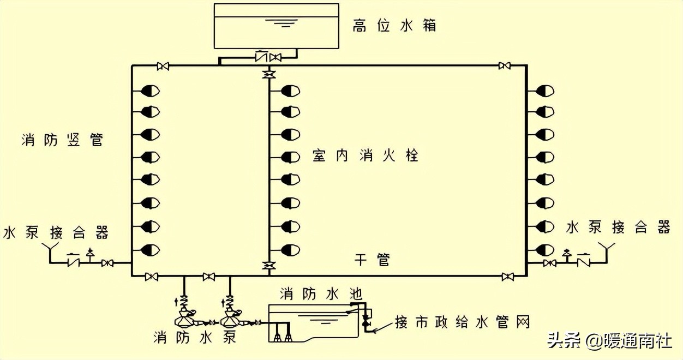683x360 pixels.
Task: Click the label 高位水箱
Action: (394, 25)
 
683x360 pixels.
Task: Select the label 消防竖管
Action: (62, 140)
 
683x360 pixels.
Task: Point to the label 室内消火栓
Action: (366, 155)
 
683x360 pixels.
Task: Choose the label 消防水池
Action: (321, 294)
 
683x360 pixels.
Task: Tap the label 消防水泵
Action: (195, 337)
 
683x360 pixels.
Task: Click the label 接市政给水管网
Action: (462, 322)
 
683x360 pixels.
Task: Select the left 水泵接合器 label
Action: (56, 232)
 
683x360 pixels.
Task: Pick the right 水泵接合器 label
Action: (618, 227)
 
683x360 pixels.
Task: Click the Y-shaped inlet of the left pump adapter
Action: (51, 253)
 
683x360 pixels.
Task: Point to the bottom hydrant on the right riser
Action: (545, 249)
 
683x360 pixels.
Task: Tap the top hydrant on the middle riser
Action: (290, 91)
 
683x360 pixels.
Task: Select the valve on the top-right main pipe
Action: (504, 66)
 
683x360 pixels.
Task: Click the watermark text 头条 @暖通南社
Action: (609, 341)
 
